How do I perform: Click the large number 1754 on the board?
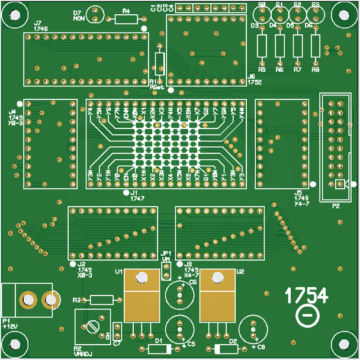tap(307, 295)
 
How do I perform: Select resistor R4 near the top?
tap(126, 19)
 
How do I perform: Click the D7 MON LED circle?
tap(95, 14)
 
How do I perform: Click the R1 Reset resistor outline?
tap(159, 63)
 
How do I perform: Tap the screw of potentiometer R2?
tap(92, 326)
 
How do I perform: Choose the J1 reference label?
tap(133, 192)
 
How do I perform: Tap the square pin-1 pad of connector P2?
tap(339, 185)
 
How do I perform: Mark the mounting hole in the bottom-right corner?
tap(343, 343)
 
